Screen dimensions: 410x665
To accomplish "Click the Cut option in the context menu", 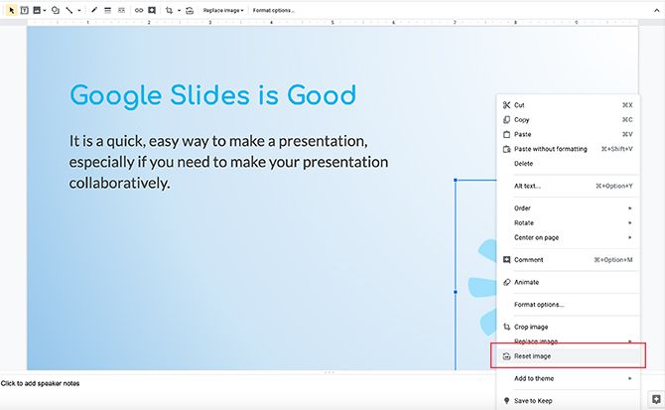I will pyautogui.click(x=520, y=104).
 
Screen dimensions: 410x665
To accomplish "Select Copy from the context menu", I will pyautogui.click(x=522, y=119).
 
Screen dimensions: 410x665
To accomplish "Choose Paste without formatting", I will pyautogui.click(x=550, y=149).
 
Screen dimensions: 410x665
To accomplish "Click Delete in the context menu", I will pyautogui.click(x=523, y=163).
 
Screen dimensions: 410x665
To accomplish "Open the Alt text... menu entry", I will pyautogui.click(x=527, y=186).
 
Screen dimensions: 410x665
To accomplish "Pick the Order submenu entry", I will pyautogui.click(x=523, y=208).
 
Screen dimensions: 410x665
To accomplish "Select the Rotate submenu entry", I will pyautogui.click(x=524, y=222).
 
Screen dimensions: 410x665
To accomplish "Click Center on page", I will pyautogui.click(x=537, y=237).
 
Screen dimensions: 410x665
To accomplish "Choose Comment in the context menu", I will pyautogui.click(x=528, y=260).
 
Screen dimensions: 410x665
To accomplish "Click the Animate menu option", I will pyautogui.click(x=526, y=282).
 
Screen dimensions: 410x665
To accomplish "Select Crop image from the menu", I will pyautogui.click(x=531, y=327).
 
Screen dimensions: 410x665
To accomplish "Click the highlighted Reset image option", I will pyautogui.click(x=532, y=355).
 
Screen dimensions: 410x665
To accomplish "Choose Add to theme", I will pyautogui.click(x=534, y=378).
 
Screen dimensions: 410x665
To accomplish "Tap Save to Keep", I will pyautogui.click(x=533, y=401).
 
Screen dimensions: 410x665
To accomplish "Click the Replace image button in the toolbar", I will pyautogui.click(x=222, y=10).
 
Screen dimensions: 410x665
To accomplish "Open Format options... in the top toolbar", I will pyautogui.click(x=273, y=10).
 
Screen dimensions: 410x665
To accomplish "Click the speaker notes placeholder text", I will pyautogui.click(x=41, y=383).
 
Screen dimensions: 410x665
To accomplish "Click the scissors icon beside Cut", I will pyautogui.click(x=506, y=104).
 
